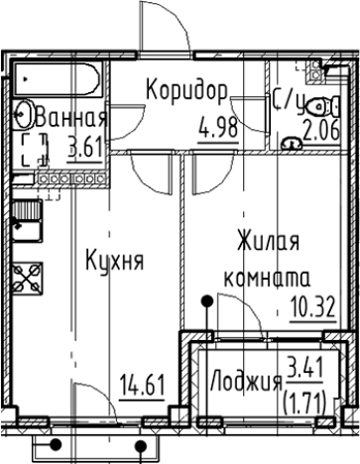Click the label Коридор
click(x=187, y=90)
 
